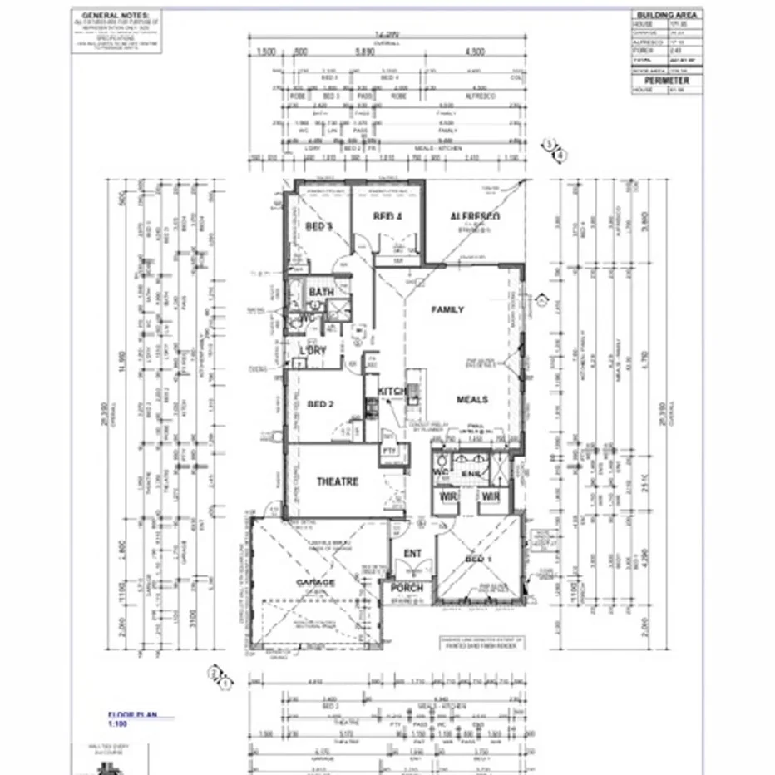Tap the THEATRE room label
pos(338,481)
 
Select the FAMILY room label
pos(447,309)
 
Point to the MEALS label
pos(472,399)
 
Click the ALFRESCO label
pos(475,216)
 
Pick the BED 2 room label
pos(320,405)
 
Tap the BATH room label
pos(321,292)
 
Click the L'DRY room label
pos(313,350)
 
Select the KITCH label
pos(392,391)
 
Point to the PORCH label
pos(407,588)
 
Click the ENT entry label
pos(412,554)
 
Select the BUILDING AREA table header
pos(667,15)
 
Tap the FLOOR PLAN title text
pos(130,714)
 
